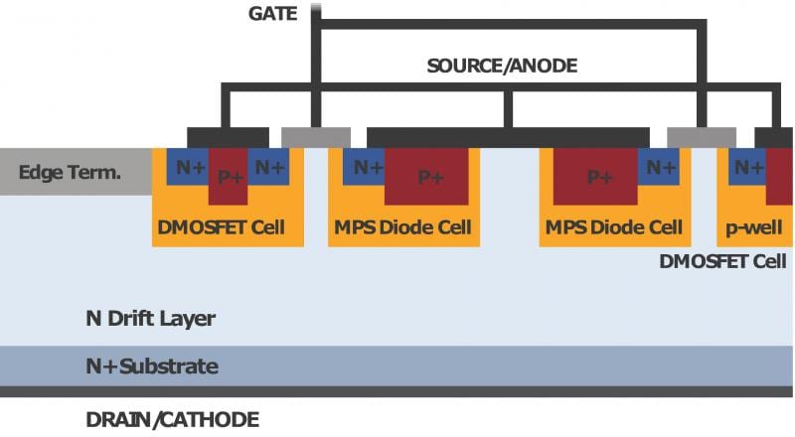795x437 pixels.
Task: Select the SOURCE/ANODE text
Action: point(501,67)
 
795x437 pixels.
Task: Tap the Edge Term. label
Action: point(70,173)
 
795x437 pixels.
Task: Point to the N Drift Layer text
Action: point(150,319)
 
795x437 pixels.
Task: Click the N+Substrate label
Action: point(151,366)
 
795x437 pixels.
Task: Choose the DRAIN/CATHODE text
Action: point(172,419)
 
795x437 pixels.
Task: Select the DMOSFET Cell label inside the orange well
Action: point(221,227)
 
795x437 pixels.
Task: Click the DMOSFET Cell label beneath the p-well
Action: point(722,261)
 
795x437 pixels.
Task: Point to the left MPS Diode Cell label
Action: point(401,227)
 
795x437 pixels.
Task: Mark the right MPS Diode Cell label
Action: point(613,227)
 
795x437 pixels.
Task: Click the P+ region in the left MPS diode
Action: point(430,176)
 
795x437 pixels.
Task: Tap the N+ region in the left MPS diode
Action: point(366,167)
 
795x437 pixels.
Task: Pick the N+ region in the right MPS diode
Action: point(661,167)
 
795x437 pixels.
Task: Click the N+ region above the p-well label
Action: point(747,167)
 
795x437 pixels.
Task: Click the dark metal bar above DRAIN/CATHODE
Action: point(397,392)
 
